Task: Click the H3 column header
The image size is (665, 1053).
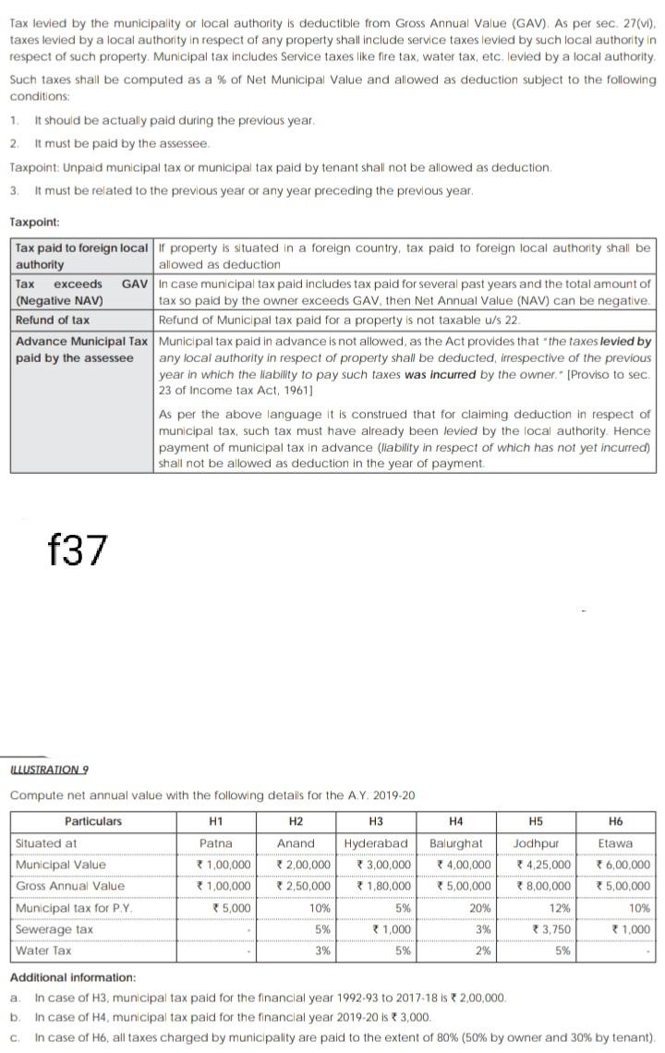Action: (x=376, y=821)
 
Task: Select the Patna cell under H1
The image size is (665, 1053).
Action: (x=215, y=843)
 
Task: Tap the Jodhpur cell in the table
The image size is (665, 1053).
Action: (x=537, y=843)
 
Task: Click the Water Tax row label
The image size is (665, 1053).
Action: (x=43, y=950)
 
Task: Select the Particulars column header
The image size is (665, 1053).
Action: (x=93, y=821)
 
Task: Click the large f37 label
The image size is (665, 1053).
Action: (x=78, y=551)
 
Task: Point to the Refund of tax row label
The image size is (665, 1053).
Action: (x=53, y=320)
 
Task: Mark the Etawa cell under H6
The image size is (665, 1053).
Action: (x=615, y=843)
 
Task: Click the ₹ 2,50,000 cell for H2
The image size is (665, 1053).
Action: (x=304, y=886)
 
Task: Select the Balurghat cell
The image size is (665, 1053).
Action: (x=456, y=843)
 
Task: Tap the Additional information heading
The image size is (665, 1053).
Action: (x=72, y=977)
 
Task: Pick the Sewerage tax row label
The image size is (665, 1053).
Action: (x=54, y=929)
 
